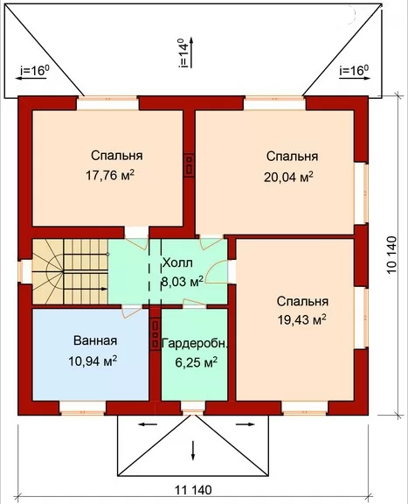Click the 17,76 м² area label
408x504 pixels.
110,175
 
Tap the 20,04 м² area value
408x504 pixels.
288,177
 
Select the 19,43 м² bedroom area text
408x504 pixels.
301,320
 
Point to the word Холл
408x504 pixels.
177,262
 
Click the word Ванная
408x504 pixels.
95,340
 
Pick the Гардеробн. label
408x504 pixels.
195,343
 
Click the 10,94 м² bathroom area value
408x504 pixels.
92,360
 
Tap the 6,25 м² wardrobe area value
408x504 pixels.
196,362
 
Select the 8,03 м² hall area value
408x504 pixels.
182,281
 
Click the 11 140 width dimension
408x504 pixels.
193,490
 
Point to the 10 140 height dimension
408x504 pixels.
391,255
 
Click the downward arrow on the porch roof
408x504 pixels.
193,451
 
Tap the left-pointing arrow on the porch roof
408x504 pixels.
148,424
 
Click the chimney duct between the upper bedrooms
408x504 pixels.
189,164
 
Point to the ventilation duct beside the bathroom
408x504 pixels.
156,334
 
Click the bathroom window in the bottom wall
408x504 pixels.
83,409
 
